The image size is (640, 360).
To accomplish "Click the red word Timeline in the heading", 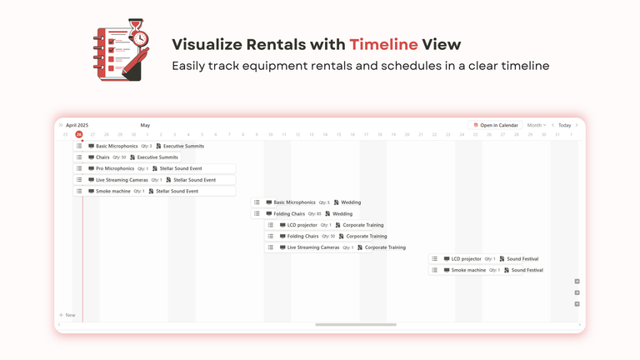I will [382, 45].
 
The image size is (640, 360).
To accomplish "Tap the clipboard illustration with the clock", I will [122, 50].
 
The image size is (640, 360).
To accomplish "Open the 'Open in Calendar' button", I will [496, 125].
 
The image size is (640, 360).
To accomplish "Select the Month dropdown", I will [536, 125].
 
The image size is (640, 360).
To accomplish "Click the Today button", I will [564, 125].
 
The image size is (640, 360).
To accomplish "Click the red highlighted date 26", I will [79, 134].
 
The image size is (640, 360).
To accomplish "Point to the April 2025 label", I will [77, 125].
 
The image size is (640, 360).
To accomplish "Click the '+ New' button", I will [67, 315].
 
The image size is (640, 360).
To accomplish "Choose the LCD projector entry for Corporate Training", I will [326, 225].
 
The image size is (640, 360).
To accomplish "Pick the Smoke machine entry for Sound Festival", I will [487, 270].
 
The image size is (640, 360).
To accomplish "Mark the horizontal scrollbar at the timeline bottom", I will [356, 324].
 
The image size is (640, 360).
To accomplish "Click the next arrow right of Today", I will [577, 125].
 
